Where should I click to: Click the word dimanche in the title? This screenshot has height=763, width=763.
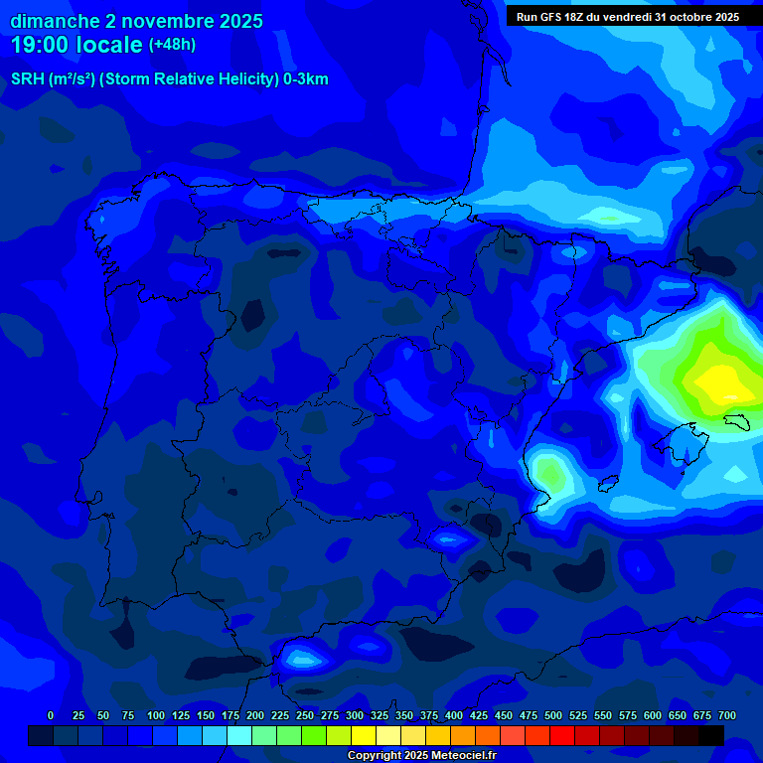coord(55,21)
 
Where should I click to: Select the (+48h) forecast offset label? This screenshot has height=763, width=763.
coord(172,45)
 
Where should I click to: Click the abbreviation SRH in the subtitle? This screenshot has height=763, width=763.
coord(27,79)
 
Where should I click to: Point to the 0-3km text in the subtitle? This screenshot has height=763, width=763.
coord(305,79)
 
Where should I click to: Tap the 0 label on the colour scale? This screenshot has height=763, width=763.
coord(51,715)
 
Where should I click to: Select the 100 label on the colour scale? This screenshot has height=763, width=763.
coord(156,715)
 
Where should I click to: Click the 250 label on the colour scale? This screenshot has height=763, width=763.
coord(305,715)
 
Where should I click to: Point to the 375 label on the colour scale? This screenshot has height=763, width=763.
coord(429,715)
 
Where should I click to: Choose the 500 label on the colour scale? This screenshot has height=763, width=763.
coord(553,715)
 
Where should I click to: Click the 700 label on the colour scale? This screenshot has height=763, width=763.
coord(727,715)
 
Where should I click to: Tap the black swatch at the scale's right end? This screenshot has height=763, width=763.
coord(710,735)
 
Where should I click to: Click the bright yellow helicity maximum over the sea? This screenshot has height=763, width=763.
coord(720,382)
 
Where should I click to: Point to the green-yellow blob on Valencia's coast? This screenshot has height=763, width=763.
coord(549,473)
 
